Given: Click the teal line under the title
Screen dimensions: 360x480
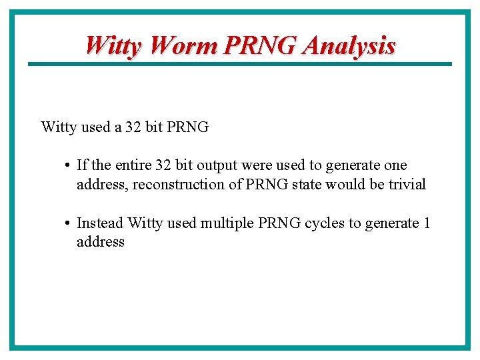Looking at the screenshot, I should tap(240, 64).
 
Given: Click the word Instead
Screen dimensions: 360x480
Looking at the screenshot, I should tap(100, 223).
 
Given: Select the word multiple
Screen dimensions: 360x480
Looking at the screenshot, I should tap(227, 223).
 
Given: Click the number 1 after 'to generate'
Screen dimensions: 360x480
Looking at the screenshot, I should tap(427, 223).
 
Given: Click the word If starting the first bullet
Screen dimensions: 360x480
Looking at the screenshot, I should tap(82, 165).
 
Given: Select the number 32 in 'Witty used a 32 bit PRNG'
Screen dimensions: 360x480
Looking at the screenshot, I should tap(133, 127).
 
